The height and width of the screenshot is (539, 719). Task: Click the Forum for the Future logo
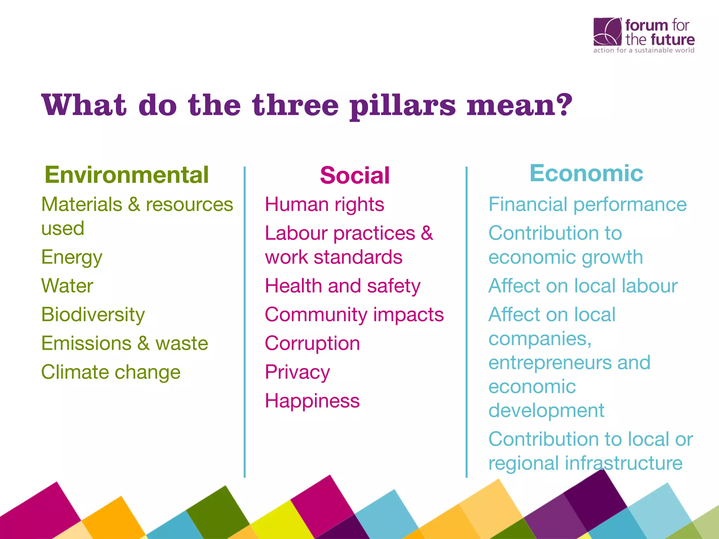(x=644, y=35)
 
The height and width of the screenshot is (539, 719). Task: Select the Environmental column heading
(x=127, y=175)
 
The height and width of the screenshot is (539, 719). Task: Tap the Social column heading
(x=355, y=175)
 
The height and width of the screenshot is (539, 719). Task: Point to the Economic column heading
(x=586, y=173)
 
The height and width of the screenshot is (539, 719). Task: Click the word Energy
(x=72, y=258)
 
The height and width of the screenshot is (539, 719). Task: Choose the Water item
(x=67, y=286)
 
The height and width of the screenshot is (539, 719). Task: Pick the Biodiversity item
(x=93, y=314)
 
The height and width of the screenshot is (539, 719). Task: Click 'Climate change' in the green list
(x=111, y=372)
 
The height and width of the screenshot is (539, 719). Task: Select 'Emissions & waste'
(x=125, y=343)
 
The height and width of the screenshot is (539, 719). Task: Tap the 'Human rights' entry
(x=324, y=205)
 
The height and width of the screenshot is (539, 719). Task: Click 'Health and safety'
(x=343, y=286)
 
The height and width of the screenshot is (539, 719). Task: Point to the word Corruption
(x=312, y=343)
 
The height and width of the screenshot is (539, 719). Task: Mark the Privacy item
(x=297, y=372)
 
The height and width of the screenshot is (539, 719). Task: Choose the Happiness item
(x=312, y=401)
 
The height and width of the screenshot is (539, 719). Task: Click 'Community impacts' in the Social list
(x=354, y=314)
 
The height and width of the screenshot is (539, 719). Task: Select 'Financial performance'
(x=587, y=205)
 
